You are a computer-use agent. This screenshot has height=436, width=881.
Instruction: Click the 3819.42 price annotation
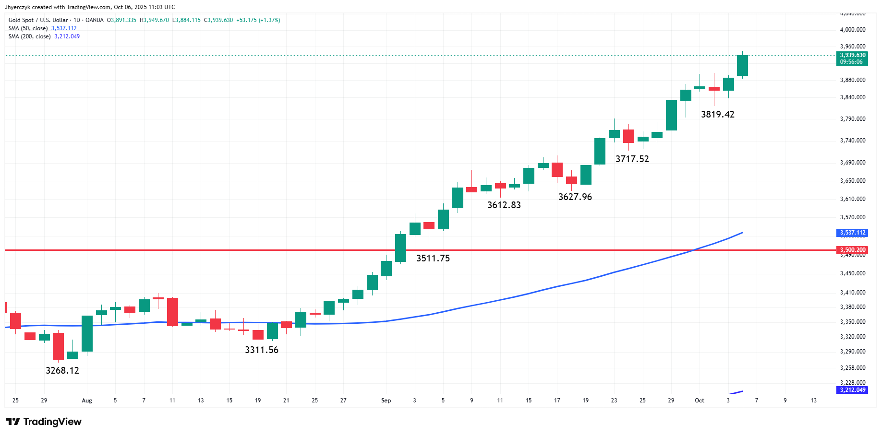point(718,114)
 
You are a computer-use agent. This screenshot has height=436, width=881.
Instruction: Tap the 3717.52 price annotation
point(632,159)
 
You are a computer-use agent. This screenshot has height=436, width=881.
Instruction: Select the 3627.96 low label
point(575,197)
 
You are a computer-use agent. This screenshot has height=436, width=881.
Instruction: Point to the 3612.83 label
point(504,205)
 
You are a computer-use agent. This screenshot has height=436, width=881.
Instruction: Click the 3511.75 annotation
point(433,258)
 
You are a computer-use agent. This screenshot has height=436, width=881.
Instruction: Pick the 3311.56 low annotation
point(262,350)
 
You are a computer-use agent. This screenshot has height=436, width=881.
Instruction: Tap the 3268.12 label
point(62,370)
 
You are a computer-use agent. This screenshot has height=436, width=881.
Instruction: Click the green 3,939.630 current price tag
point(852,58)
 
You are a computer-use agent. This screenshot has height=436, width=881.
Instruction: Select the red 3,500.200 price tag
point(852,250)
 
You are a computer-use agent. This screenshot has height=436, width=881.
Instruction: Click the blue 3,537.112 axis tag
point(852,233)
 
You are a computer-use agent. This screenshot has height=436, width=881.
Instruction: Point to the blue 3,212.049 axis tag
point(852,390)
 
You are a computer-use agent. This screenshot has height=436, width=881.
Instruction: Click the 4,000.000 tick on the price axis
point(853,30)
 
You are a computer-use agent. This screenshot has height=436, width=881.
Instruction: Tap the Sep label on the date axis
point(386,401)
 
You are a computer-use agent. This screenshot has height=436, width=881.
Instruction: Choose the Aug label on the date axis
point(87,401)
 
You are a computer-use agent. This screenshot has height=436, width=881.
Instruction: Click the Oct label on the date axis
point(700,401)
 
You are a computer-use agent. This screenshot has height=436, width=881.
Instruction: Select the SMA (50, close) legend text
point(28,28)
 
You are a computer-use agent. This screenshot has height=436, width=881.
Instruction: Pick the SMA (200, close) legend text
point(29,36)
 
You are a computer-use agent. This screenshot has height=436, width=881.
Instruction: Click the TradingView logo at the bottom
point(44,422)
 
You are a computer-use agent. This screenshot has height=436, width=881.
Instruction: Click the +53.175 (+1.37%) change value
point(258,20)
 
